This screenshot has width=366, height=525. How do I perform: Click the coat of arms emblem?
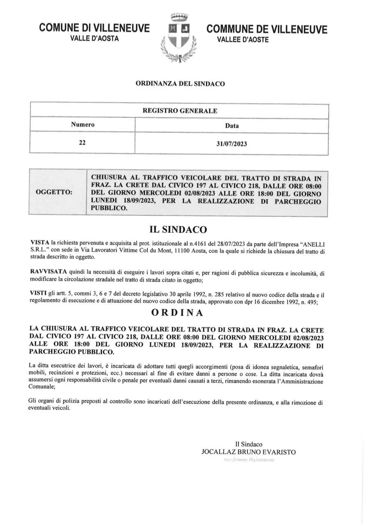(178, 38)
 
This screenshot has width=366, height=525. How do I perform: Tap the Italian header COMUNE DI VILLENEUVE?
(94, 28)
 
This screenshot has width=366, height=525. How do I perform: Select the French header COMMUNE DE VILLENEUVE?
(267, 29)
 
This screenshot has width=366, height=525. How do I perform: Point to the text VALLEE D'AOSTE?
(243, 40)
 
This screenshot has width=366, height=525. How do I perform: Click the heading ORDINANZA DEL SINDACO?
(180, 84)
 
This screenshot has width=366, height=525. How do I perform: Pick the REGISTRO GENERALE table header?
(180, 111)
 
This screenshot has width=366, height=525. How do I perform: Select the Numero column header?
(82, 125)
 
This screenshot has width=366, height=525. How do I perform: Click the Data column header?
(232, 126)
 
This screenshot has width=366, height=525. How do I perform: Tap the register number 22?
(82, 143)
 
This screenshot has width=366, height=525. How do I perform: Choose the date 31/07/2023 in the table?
(232, 144)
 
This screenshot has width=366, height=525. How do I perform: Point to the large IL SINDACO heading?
(178, 229)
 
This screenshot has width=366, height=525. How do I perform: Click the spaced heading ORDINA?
(177, 313)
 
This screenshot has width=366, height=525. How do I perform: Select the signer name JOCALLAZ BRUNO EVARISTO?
(248, 452)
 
